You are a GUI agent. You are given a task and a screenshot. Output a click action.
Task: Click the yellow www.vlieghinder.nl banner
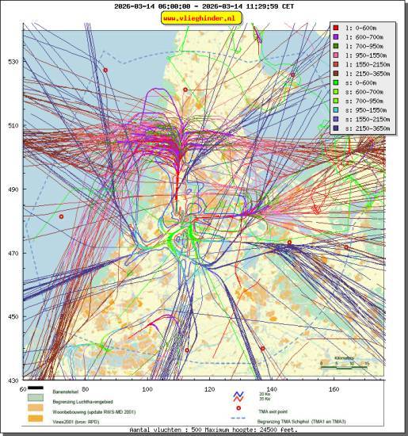pyautogui.click(x=203, y=18)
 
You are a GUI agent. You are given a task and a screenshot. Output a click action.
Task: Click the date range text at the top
pyautogui.click(x=204, y=6)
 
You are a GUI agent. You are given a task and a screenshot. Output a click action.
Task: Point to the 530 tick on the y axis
pyautogui.click(x=13, y=62)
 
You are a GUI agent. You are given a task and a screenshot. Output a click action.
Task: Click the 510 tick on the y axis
pyautogui.click(x=13, y=125)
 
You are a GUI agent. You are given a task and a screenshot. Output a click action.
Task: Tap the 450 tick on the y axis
pyautogui.click(x=13, y=317)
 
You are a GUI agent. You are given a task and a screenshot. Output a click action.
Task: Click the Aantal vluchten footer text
pyautogui.click(x=204, y=430)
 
